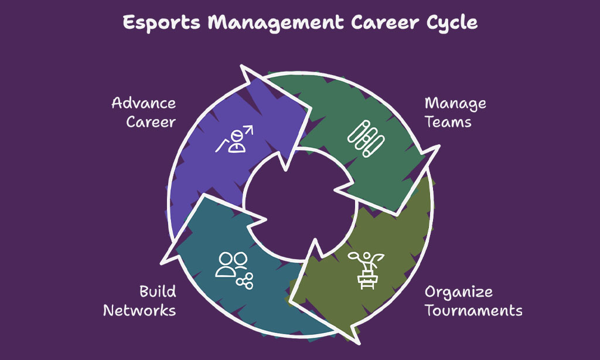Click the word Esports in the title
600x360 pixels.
162,23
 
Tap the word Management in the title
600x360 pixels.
275,23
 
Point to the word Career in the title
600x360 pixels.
385,23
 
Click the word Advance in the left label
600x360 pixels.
144,103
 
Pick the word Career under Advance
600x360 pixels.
151,122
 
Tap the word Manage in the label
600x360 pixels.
455,104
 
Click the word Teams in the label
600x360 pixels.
448,122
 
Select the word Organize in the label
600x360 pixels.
458,292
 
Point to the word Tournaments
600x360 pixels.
473,310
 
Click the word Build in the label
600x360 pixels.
158,291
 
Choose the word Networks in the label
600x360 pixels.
139,310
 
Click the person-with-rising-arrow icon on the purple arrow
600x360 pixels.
234,139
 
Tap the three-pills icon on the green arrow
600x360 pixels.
366,138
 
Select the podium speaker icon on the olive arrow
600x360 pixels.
366,270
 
